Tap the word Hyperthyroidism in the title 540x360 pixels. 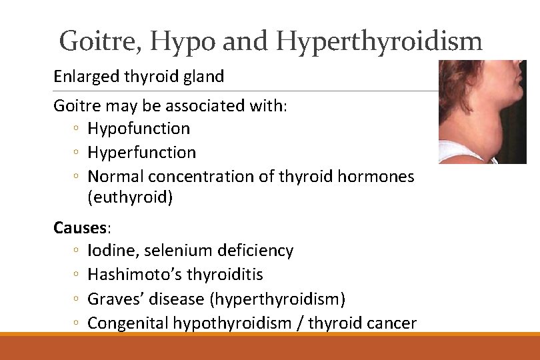(x=379, y=41)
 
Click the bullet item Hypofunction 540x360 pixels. (x=139, y=128)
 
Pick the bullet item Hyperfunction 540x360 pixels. (x=141, y=152)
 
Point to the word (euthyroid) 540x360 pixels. (x=130, y=197)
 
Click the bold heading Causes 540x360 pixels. (x=79, y=227)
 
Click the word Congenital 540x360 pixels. (x=128, y=323)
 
